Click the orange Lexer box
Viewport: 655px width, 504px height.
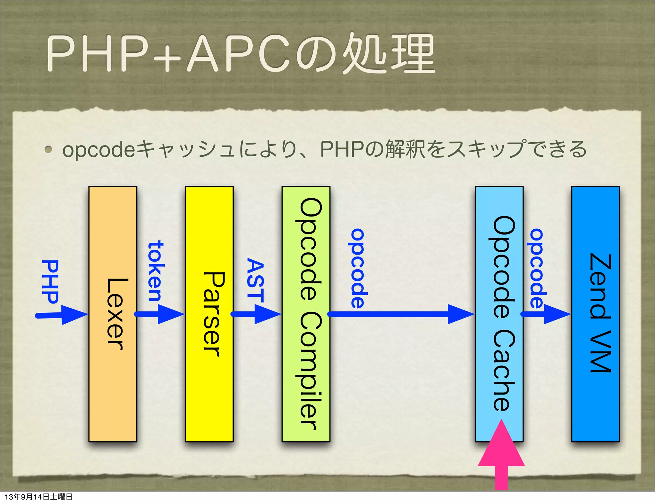click(x=113, y=314)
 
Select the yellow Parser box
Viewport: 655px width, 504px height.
click(x=209, y=314)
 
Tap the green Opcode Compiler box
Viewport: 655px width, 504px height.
click(x=306, y=314)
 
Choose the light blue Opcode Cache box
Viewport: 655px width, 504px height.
click(x=499, y=314)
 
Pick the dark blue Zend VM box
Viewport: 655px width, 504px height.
click(x=596, y=314)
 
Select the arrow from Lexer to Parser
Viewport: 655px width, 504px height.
click(x=160, y=314)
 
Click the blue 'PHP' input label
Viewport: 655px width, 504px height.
click(x=50, y=281)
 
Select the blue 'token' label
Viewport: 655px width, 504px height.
click(x=156, y=271)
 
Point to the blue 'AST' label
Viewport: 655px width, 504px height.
click(x=255, y=280)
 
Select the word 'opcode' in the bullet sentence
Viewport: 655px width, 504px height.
click(x=99, y=150)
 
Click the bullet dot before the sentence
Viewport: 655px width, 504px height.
click(x=48, y=149)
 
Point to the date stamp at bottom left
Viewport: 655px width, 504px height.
click(x=38, y=497)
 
